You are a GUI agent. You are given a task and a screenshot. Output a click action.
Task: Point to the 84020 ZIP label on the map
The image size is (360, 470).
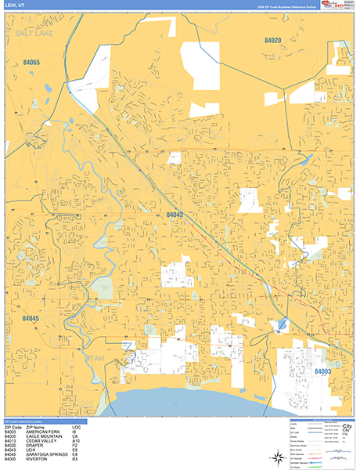tap(273, 40)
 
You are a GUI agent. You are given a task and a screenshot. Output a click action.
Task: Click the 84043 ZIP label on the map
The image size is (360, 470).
tap(175, 214)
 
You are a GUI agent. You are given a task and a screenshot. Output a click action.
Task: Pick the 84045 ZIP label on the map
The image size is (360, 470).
tap(31, 318)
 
